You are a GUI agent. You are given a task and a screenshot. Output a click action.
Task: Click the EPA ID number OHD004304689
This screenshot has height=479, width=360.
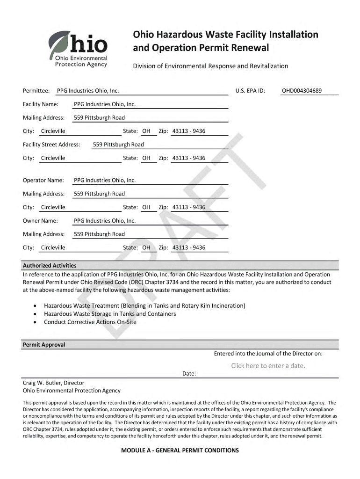(x=302, y=91)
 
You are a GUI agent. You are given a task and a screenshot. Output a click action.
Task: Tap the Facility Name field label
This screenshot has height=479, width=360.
(x=41, y=104)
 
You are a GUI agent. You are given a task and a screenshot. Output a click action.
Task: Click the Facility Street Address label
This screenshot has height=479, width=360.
(x=51, y=145)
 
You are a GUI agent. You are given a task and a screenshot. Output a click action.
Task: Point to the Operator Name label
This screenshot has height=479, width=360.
(x=43, y=180)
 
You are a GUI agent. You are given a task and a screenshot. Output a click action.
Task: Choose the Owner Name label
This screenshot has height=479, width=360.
(x=40, y=220)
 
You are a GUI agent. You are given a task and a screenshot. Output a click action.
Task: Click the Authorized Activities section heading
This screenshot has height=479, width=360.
(x=50, y=265)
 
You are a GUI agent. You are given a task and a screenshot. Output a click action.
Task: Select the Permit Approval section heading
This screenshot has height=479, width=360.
(x=44, y=345)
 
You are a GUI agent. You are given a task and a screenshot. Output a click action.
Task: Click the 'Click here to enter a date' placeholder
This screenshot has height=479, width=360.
(x=268, y=366)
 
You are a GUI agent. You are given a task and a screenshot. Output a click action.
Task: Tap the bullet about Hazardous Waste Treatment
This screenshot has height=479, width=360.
(x=144, y=305)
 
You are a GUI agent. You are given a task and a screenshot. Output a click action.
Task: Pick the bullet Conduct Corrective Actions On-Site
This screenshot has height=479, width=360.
(x=90, y=322)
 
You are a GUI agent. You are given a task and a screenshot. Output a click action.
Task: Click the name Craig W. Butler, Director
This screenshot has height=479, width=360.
(x=54, y=383)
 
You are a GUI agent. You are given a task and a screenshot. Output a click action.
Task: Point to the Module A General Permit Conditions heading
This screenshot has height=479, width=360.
(x=180, y=450)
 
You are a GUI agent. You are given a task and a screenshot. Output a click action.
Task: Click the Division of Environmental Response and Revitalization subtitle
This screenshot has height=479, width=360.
(x=211, y=66)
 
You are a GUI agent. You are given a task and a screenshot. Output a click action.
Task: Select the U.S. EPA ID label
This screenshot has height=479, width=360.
(x=250, y=91)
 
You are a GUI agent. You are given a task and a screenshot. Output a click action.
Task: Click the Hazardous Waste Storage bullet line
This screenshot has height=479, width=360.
(x=110, y=314)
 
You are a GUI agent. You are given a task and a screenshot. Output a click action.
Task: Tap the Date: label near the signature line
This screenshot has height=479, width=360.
(x=189, y=374)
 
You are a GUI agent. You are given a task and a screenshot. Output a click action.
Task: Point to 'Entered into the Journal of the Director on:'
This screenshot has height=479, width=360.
(x=268, y=354)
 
